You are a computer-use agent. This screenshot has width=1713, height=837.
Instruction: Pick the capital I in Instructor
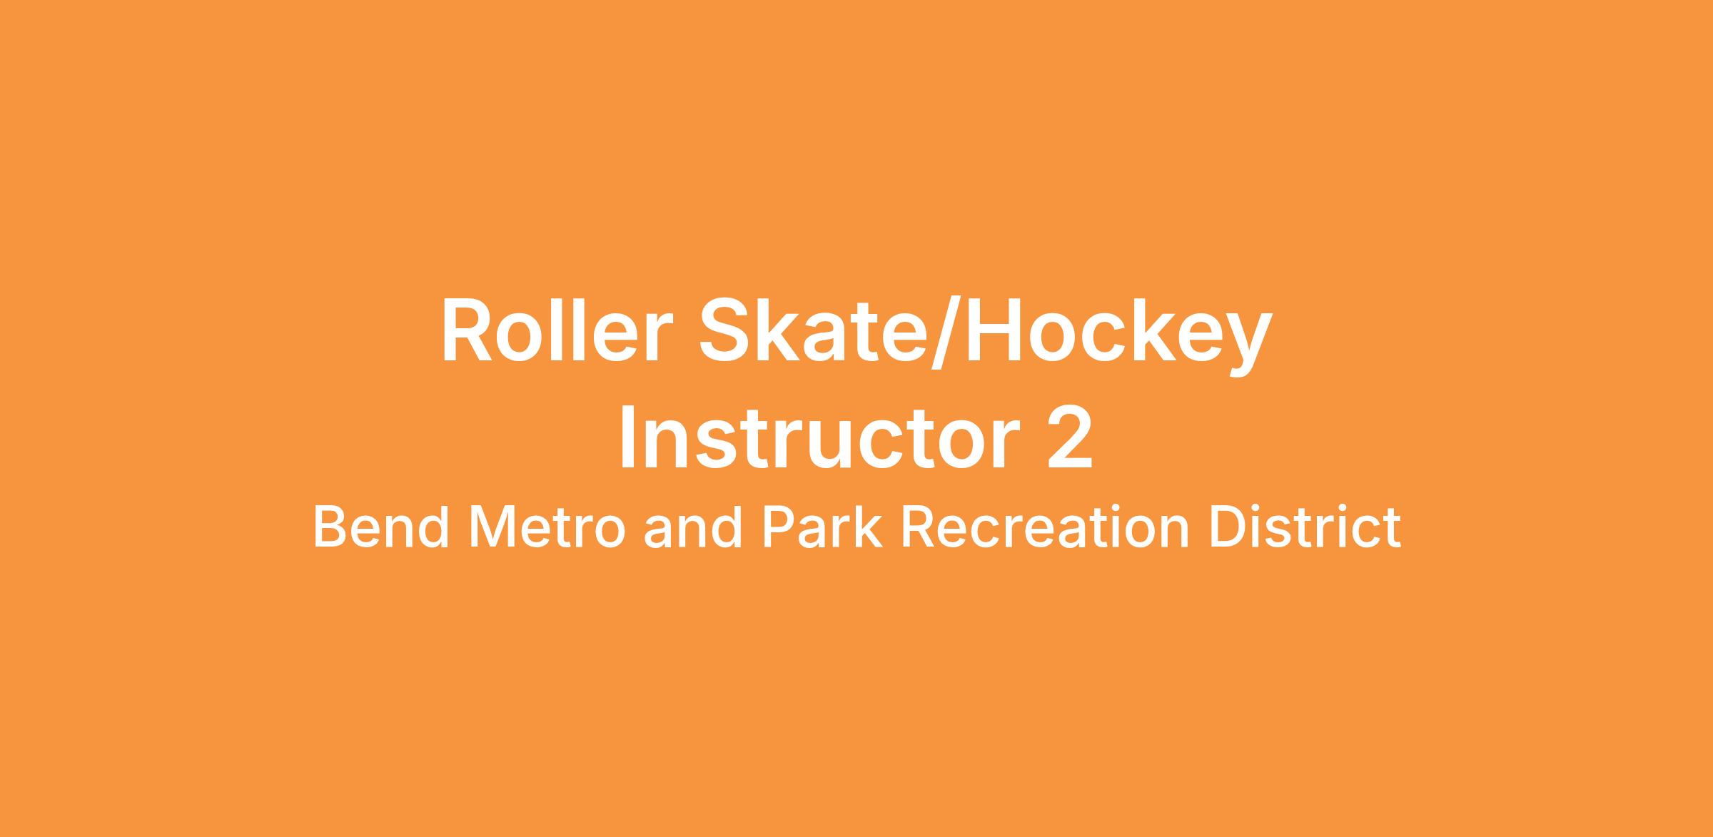pyautogui.click(x=628, y=438)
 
